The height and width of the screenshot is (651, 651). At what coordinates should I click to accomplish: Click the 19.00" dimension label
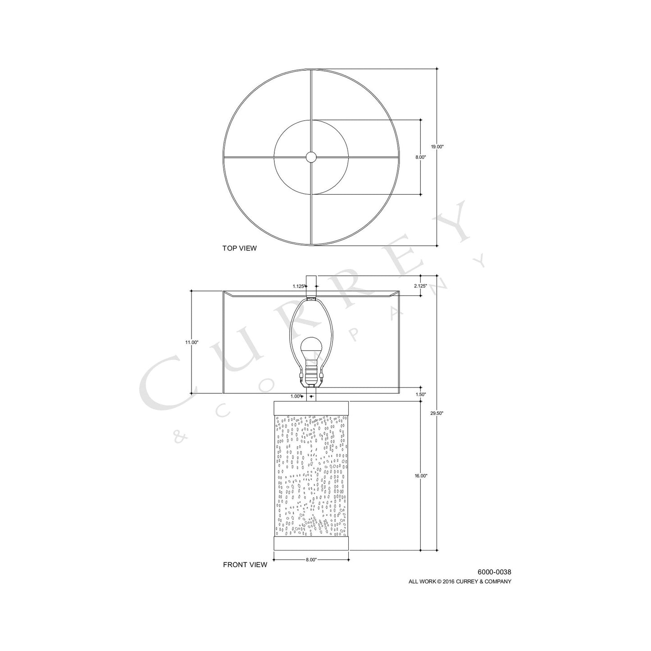point(437,146)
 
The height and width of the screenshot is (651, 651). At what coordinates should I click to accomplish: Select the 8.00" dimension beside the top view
point(420,157)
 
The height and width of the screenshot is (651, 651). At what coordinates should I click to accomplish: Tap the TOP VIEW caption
point(239,248)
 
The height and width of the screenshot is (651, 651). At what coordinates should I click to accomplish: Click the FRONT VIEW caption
point(245,565)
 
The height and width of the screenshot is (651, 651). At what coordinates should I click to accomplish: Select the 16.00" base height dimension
point(421,476)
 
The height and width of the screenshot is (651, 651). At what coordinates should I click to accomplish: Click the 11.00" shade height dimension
point(191,342)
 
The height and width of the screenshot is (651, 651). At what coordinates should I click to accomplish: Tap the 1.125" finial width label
point(299,286)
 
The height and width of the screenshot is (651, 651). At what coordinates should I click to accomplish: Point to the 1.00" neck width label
point(296,396)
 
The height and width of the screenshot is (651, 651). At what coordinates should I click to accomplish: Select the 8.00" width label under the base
point(311,560)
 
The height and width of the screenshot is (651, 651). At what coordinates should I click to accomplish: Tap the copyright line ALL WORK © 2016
point(460,582)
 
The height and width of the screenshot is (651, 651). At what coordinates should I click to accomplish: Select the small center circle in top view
point(311,157)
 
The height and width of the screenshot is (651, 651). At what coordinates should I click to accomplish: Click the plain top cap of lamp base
point(311,407)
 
